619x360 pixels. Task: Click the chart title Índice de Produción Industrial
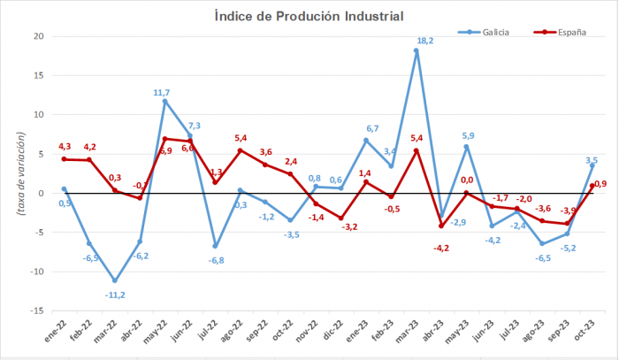click(309, 16)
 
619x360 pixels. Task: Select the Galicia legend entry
click(493, 33)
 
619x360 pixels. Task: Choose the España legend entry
click(568, 33)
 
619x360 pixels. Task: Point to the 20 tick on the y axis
click(39, 36)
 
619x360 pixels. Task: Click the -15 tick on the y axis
click(37, 311)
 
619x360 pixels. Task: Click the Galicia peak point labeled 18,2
click(416, 50)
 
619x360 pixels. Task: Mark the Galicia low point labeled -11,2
click(114, 280)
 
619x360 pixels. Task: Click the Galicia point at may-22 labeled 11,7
click(164, 101)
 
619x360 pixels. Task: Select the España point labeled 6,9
click(164, 139)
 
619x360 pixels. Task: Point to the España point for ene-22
click(64, 159)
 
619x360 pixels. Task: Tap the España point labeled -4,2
click(441, 226)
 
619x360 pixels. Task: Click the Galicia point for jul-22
click(215, 246)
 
